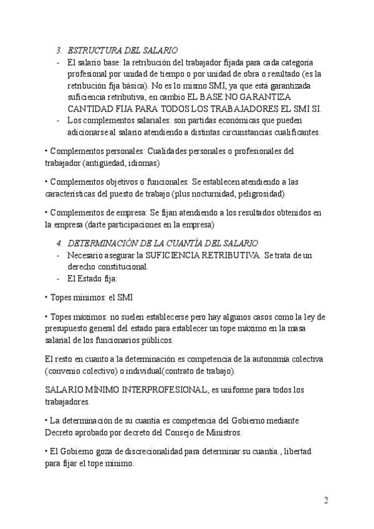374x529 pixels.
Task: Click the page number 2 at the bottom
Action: [x=326, y=500]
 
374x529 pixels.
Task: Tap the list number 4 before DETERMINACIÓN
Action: [x=59, y=243]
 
